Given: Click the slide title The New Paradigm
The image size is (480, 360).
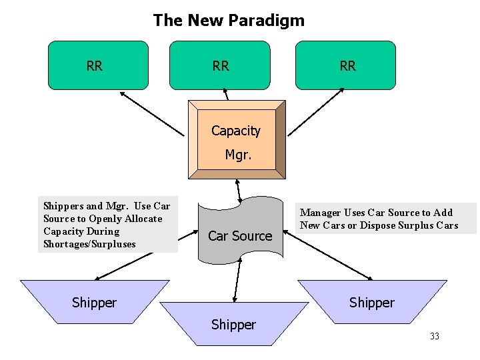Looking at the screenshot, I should coord(229,20).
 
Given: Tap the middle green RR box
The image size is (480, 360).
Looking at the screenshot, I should coord(220,65).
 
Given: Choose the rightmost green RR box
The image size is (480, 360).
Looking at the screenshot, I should coord(345,65).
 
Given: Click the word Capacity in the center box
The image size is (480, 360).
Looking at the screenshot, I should coord(235,131).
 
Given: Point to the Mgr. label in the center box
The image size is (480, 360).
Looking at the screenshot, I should coord(237,155).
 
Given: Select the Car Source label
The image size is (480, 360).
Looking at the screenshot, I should coord(240,235).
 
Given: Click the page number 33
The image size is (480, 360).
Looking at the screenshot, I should coord(435,337).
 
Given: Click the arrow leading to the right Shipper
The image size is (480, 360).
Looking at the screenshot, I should coord(333,256).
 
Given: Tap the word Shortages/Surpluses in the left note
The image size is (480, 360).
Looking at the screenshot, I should coord(89,244).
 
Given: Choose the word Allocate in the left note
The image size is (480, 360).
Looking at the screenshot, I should coord(142,219).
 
